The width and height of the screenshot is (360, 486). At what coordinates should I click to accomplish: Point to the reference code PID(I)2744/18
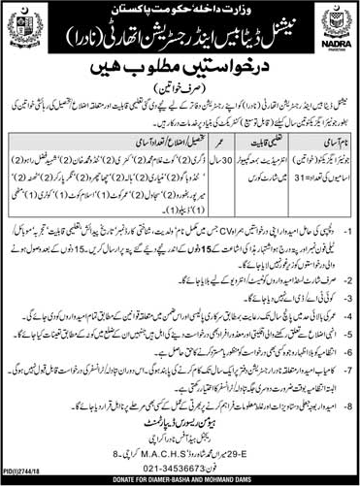point(28,468)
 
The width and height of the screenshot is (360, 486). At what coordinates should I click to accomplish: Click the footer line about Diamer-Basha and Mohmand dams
point(180,479)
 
